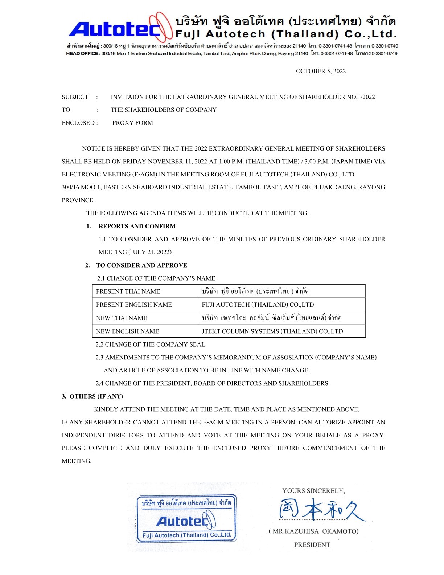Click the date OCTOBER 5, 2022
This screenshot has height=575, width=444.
coord(321,71)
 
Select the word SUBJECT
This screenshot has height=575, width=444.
coord(75,97)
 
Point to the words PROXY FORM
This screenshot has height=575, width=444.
coord(132,123)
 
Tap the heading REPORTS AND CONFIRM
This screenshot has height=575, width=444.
coord(137,226)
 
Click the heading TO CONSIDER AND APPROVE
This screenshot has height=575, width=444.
coord(141,265)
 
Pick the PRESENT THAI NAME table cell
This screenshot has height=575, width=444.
coord(128,291)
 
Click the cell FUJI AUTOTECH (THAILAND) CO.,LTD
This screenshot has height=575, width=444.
coord(258,305)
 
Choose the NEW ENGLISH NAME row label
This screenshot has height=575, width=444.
coord(127,331)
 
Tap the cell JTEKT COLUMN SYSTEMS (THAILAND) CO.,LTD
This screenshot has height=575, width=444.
coord(272,331)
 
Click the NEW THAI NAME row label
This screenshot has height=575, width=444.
coord(122,318)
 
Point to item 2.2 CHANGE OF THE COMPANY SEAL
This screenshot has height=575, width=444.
coord(150,344)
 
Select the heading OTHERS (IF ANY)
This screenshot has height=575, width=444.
coord(96,396)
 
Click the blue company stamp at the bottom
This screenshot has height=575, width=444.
coord(186,518)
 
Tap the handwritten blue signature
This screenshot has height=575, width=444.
coord(321,509)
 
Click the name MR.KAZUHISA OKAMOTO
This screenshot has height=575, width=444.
coord(314,531)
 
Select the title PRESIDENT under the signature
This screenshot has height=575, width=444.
coord(312,545)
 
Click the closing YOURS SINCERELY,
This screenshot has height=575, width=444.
coord(314,491)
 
